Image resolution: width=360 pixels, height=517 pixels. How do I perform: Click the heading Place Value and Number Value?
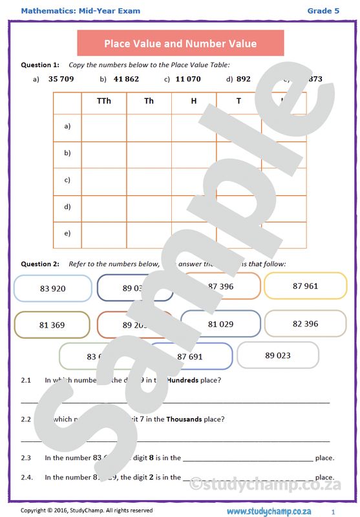click(180, 44)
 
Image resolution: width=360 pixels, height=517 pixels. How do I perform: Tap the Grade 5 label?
click(323, 11)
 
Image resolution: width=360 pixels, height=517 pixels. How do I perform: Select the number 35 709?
click(61, 79)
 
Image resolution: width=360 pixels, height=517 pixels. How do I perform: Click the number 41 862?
click(126, 79)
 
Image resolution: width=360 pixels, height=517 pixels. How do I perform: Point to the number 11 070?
click(188, 79)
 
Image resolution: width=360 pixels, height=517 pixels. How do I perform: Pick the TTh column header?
click(103, 101)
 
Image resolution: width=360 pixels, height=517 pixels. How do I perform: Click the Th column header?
click(149, 101)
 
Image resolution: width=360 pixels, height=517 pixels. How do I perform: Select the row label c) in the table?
click(67, 180)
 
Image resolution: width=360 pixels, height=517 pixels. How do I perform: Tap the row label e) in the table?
click(67, 233)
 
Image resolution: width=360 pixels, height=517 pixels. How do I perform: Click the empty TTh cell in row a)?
click(103, 127)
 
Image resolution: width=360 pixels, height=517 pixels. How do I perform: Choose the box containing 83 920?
click(52, 288)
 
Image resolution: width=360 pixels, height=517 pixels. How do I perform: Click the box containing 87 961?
click(305, 286)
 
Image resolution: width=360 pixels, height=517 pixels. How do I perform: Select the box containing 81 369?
click(52, 325)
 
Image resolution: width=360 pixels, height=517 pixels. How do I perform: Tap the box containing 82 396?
click(305, 324)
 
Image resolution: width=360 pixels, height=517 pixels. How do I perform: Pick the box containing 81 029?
click(220, 324)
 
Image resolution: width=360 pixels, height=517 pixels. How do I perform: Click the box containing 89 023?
click(277, 355)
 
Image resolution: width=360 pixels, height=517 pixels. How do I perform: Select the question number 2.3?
click(26, 458)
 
